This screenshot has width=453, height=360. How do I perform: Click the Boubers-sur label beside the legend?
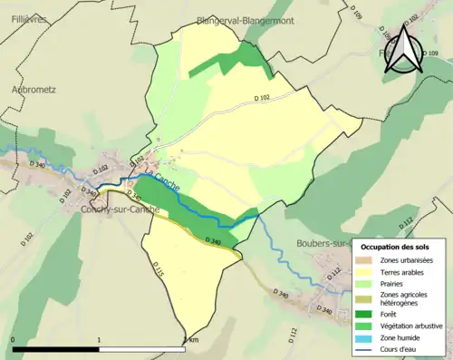(x=323, y=243)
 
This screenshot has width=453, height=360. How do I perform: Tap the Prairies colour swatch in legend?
(x=366, y=282)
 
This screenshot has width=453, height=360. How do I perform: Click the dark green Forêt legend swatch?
(x=366, y=315)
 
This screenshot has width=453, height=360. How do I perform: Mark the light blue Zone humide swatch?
(x=366, y=336)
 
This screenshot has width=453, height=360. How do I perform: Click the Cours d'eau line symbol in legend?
(x=366, y=347)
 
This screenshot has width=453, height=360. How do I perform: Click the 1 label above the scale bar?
(x=98, y=340)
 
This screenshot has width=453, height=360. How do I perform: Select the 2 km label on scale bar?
(x=190, y=340)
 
